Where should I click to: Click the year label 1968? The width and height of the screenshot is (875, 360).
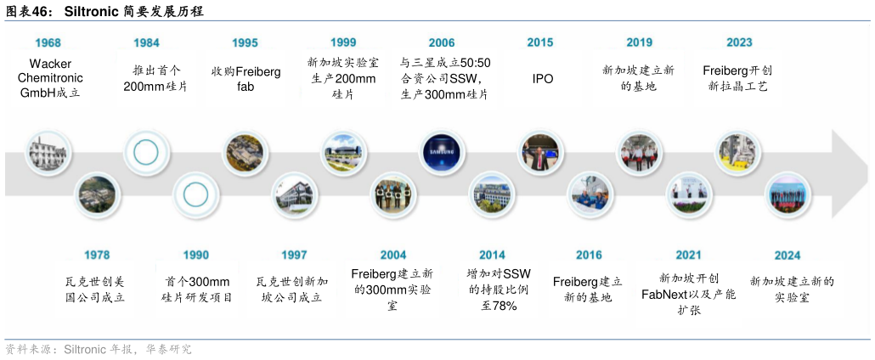48,42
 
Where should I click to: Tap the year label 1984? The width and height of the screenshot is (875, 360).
146,42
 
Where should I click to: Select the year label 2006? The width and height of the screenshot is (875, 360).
442,42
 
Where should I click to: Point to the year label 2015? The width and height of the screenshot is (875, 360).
540,42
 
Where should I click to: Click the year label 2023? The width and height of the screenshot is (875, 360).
739,42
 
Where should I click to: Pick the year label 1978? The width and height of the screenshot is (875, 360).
97,255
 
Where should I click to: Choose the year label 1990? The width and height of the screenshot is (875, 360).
195,255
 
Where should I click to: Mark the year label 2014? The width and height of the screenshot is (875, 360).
492,255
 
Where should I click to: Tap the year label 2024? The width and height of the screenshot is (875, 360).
787,255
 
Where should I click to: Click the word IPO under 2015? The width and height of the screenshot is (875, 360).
542,78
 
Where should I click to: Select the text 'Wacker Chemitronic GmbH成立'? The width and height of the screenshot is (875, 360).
50,78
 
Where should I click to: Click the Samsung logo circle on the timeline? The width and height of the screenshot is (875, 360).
443,153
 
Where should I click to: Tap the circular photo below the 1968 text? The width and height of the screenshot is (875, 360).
47,154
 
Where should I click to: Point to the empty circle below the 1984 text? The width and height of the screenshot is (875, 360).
146,154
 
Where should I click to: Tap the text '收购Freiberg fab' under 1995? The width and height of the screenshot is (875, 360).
246,78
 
